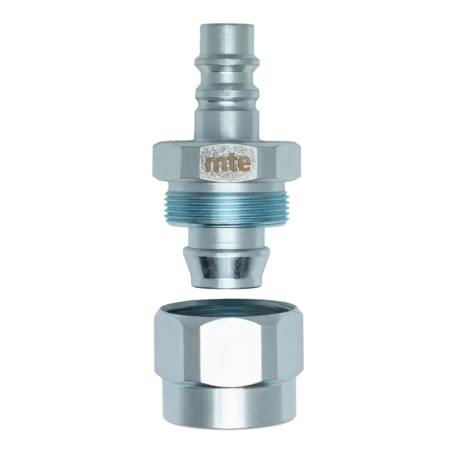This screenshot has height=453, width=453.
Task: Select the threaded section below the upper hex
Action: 226,206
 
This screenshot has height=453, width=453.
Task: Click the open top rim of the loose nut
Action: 226,307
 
